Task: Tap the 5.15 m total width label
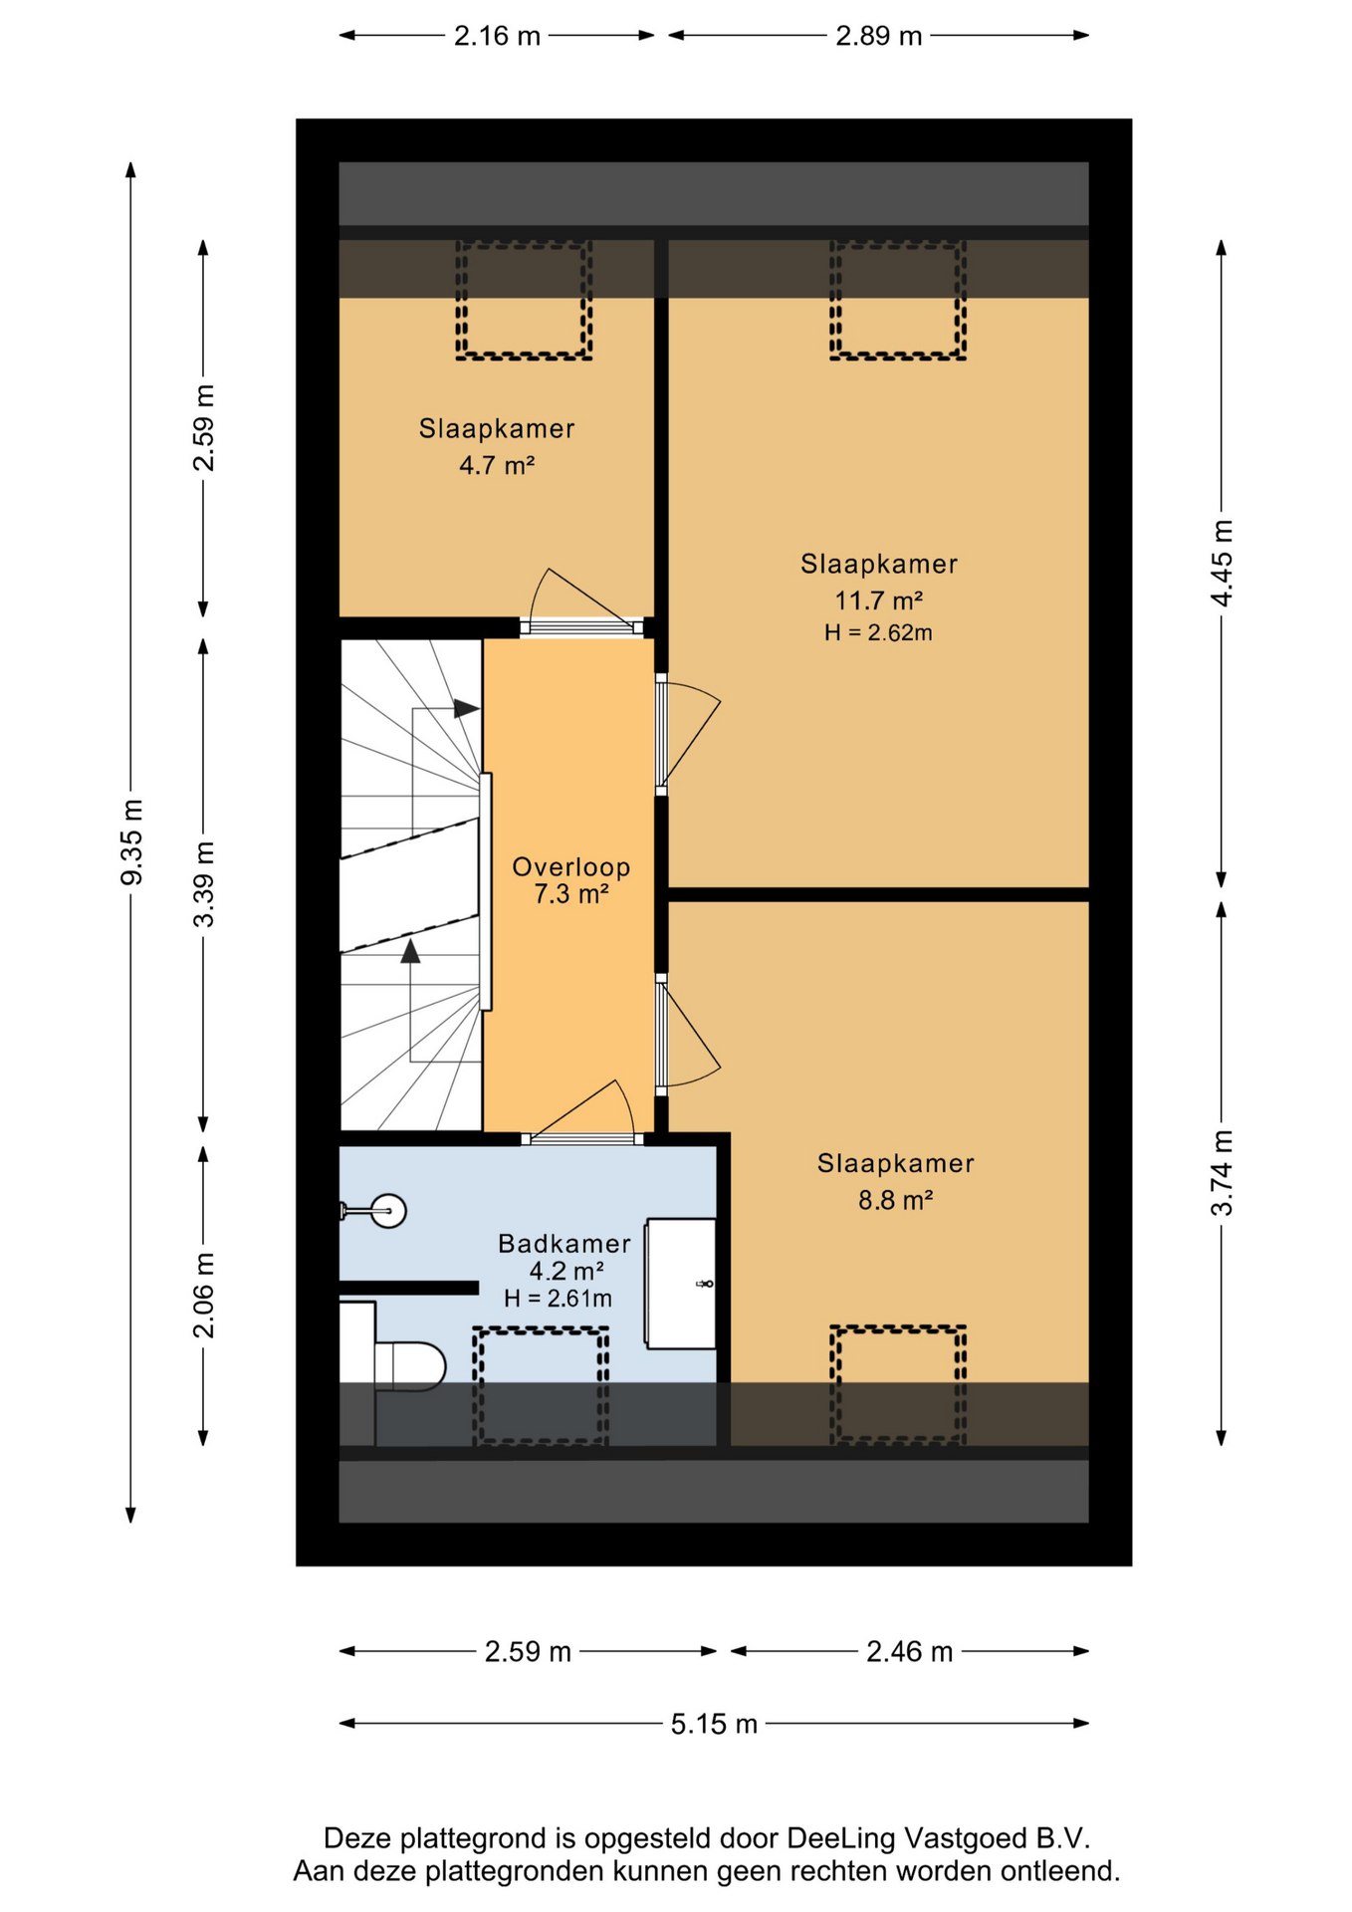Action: click(x=714, y=1724)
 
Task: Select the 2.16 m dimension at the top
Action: click(x=497, y=36)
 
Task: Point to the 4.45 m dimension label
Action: click(x=1222, y=563)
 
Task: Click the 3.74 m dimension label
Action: click(x=1222, y=1173)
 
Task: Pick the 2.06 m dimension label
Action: click(x=203, y=1296)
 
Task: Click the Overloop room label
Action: click(x=571, y=866)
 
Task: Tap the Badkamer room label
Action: click(x=564, y=1243)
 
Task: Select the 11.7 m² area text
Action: click(x=878, y=600)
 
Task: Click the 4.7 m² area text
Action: click(x=497, y=465)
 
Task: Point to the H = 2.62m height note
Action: click(x=878, y=632)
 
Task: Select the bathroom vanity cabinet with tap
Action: click(x=681, y=1284)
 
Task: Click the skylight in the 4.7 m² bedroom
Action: click(x=524, y=300)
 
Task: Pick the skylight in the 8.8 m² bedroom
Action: click(x=898, y=1384)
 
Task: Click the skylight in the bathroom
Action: click(x=541, y=1385)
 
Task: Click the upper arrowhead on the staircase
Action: click(x=466, y=709)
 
